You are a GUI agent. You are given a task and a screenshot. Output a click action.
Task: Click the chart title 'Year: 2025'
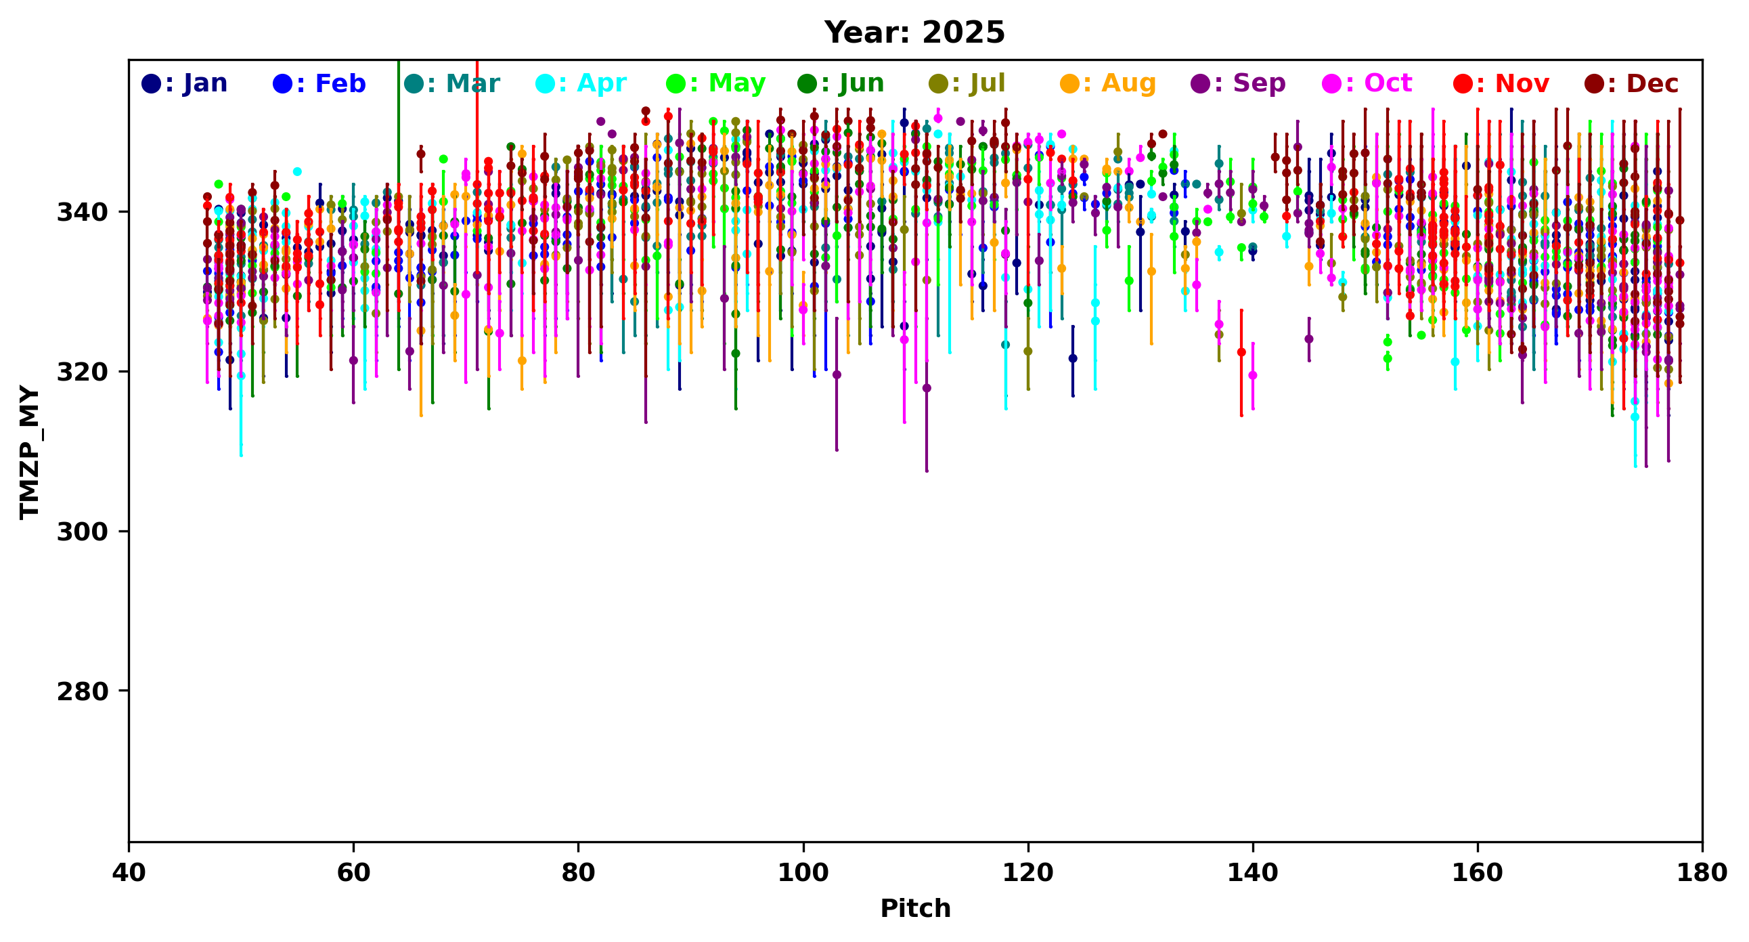click(914, 33)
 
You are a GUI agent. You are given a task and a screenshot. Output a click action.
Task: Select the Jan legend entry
click(185, 83)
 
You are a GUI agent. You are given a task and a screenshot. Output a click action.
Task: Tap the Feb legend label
click(319, 83)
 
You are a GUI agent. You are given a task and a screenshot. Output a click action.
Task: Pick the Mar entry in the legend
click(452, 83)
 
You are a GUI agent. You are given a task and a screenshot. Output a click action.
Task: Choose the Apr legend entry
click(581, 83)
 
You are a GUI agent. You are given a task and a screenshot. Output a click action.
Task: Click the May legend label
click(716, 83)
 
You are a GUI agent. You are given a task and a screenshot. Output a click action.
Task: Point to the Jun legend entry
click(841, 83)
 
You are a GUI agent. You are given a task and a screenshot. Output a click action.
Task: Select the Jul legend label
click(967, 83)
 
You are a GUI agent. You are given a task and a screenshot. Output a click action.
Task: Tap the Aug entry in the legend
click(1108, 83)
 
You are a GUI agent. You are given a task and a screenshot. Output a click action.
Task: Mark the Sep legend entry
click(1239, 83)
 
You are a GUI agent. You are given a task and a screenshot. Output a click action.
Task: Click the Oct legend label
click(1367, 83)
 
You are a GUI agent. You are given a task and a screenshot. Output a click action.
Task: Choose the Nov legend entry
click(1502, 83)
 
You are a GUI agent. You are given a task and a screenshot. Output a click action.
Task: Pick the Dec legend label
click(1633, 83)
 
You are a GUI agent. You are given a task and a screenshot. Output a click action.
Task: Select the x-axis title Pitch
click(915, 909)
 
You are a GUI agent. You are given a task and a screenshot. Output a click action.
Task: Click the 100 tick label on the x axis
click(803, 873)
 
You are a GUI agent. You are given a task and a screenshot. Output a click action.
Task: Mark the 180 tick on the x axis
click(1702, 873)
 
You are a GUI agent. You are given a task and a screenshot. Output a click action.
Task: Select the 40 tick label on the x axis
click(129, 873)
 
